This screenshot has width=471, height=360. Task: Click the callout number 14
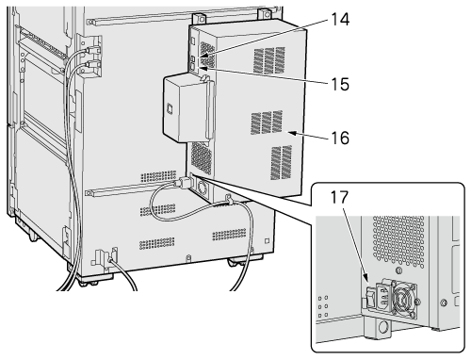click(x=340, y=19)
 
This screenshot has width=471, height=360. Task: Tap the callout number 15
click(x=340, y=84)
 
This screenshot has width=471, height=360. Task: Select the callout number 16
click(x=340, y=138)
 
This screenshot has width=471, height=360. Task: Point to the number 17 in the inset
click(x=339, y=197)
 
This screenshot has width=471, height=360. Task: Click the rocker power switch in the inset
click(x=370, y=298)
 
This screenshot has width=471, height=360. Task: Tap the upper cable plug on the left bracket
click(x=92, y=50)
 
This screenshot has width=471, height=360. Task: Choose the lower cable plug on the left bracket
click(x=91, y=65)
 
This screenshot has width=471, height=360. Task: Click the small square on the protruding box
click(x=170, y=108)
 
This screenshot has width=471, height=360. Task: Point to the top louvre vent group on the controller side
click(x=269, y=60)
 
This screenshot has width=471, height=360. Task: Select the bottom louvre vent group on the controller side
click(x=281, y=162)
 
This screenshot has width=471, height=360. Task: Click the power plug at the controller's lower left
click(x=184, y=183)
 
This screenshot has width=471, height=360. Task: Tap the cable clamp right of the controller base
click(x=229, y=200)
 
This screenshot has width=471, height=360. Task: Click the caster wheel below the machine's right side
click(x=236, y=262)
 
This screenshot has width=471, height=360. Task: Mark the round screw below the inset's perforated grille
click(x=398, y=270)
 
